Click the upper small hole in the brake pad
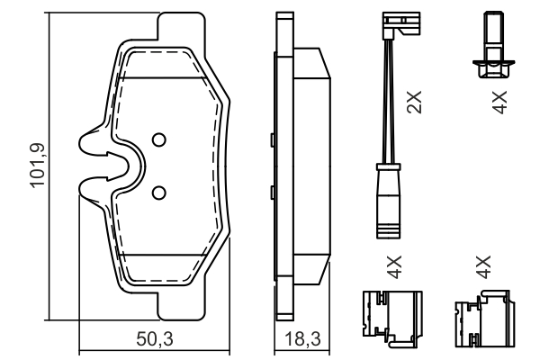tap(158, 139)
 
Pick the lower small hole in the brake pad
tap(158, 192)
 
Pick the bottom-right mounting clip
tap(486, 317)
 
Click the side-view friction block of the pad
tap(311, 166)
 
